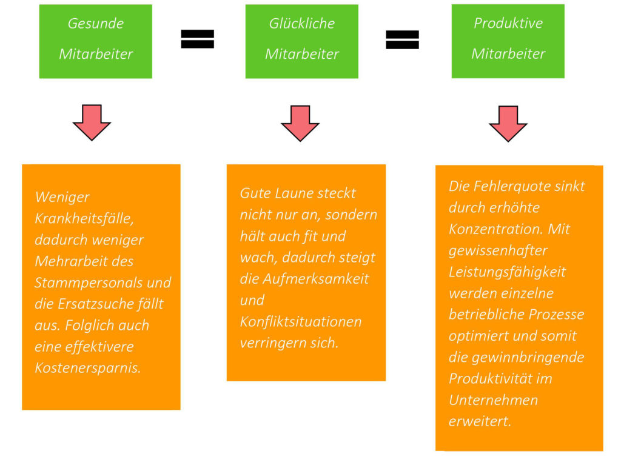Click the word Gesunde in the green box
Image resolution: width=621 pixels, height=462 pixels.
pyautogui.click(x=95, y=24)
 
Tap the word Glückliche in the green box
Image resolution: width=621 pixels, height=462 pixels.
pyautogui.click(x=301, y=24)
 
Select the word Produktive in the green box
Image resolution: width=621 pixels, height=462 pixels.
pyautogui.click(x=508, y=24)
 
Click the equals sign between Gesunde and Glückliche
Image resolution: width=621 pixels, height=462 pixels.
pyautogui.click(x=198, y=39)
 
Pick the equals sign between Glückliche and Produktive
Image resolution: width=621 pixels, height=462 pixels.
pyautogui.click(x=403, y=39)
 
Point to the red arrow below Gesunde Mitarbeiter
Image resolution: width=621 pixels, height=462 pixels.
pyautogui.click(x=92, y=122)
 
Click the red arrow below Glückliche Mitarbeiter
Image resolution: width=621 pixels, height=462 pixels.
pyautogui.click(x=300, y=123)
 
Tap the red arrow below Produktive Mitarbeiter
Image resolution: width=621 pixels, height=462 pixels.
pyautogui.click(x=508, y=123)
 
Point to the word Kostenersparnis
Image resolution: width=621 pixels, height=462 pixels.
pyautogui.click(x=87, y=368)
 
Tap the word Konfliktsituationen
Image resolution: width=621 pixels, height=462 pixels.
pyautogui.click(x=301, y=321)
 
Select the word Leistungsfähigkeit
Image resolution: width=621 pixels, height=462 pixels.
pyautogui.click(x=507, y=272)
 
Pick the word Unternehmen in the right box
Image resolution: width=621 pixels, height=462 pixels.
pyautogui.click(x=493, y=400)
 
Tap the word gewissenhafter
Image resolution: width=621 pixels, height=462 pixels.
pyautogui.click(x=490, y=250)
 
